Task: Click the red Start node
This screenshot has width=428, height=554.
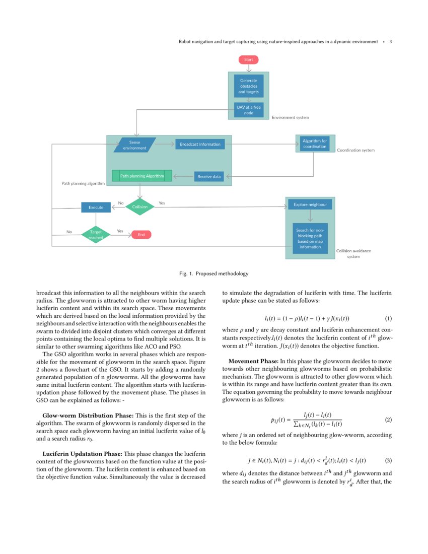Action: pos(248,59)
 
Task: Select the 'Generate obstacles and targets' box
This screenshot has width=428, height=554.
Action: pos(248,86)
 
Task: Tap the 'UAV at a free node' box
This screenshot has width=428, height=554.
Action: pos(248,110)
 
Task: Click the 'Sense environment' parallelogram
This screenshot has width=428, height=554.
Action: pos(134,145)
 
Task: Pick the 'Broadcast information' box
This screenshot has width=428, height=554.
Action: pos(200,145)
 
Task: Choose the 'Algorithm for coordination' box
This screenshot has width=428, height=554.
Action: pos(315,144)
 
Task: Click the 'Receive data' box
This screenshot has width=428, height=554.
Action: pos(209,176)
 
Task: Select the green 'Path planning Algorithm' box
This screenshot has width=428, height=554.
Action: pos(141,176)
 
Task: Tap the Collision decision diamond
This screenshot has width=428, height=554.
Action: pos(139,206)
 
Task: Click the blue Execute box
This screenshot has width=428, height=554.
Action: pos(96,207)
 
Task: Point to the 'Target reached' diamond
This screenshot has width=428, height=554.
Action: pos(96,234)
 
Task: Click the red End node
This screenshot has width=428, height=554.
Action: pos(141,234)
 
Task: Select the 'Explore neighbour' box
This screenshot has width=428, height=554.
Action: pos(310,205)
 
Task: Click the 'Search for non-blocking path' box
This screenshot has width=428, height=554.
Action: pos(310,239)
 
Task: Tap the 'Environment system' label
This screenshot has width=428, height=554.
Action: pos(290,117)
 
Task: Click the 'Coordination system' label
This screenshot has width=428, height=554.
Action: pos(355,150)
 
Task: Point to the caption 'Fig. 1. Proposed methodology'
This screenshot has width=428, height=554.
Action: pos(213,273)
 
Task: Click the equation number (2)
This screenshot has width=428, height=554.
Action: pos(388,420)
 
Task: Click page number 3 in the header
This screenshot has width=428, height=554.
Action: pos(391,42)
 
